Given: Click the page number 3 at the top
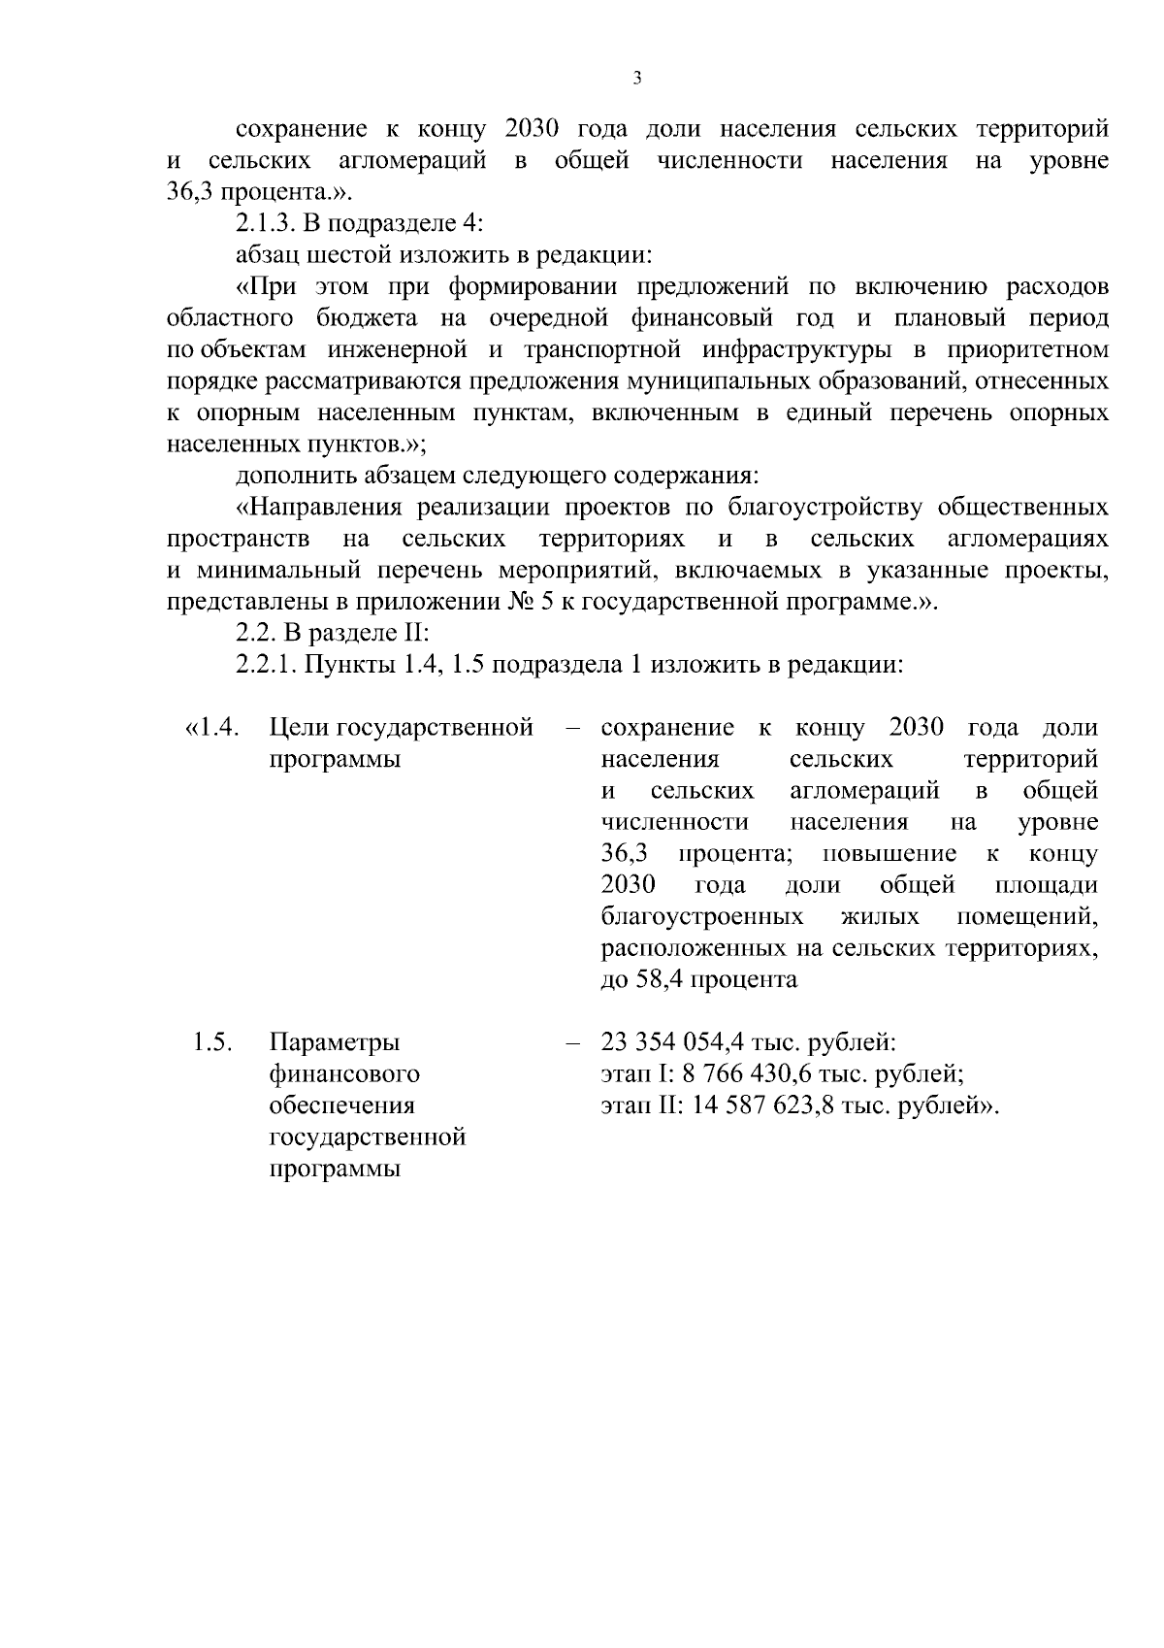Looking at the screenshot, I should pyautogui.click(x=636, y=79).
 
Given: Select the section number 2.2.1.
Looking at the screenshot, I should pyautogui.click(x=267, y=666).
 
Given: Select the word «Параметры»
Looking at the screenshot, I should pyautogui.click(x=334, y=1043).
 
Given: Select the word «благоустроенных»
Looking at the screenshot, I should pyautogui.click(x=701, y=917).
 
